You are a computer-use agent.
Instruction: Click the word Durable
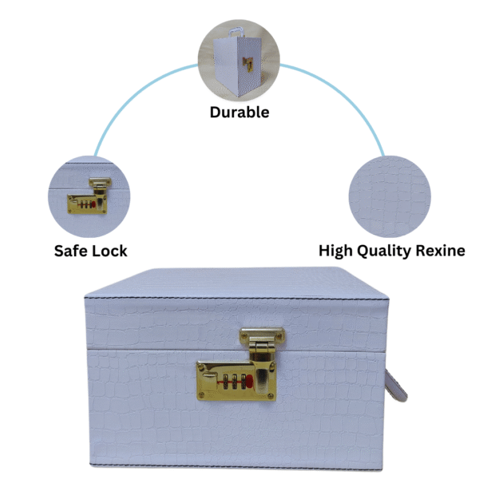(239, 112)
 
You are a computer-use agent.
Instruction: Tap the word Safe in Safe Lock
(71, 251)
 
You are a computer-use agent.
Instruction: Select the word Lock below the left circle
(109, 251)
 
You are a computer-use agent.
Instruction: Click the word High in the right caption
(338, 251)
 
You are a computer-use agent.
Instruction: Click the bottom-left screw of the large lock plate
(203, 394)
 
